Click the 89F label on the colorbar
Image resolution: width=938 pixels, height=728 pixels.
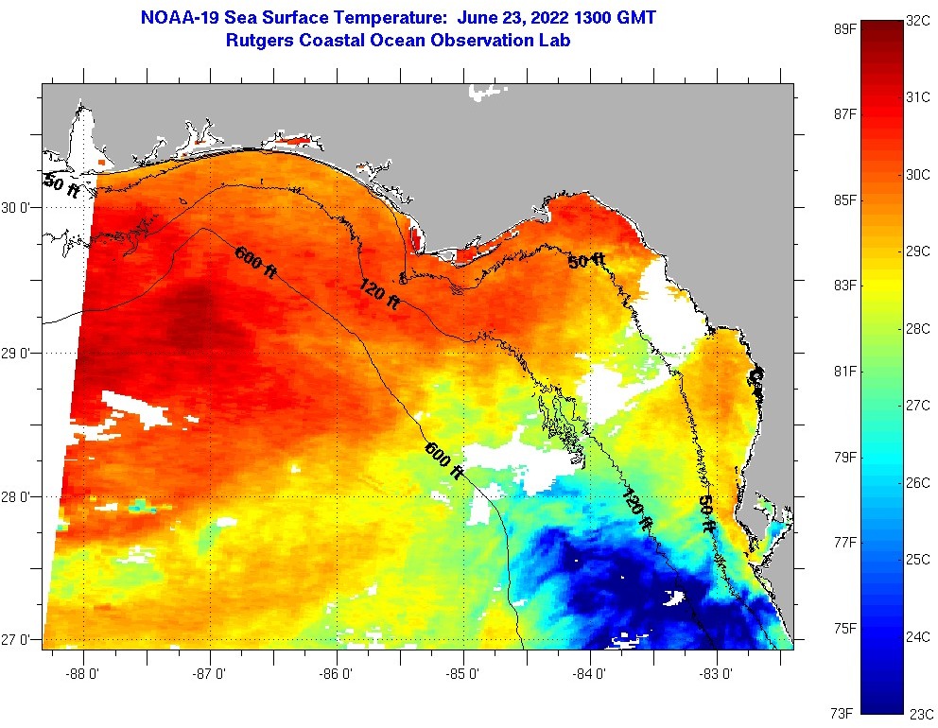coord(844,28)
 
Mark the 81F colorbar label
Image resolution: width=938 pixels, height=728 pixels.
coord(844,371)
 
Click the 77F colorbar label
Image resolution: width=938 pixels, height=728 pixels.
coord(844,542)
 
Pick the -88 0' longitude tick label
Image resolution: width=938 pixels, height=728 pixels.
coord(83,674)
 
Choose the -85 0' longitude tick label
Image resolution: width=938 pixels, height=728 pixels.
coord(463,674)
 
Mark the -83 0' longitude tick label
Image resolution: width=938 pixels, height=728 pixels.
coord(717,674)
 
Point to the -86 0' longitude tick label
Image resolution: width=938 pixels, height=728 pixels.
coord(337,674)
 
